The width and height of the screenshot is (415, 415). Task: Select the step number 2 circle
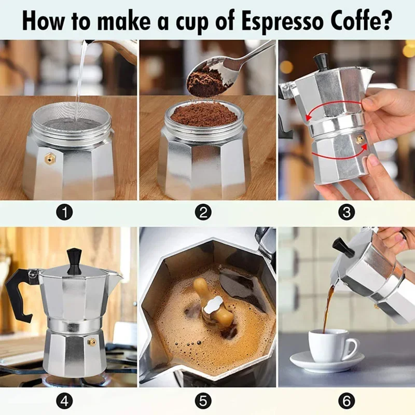tap(204, 212)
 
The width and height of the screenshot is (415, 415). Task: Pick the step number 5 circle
tap(204, 401)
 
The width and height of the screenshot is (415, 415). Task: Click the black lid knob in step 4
tap(74, 259)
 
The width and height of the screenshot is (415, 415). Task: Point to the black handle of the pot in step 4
tap(19, 290)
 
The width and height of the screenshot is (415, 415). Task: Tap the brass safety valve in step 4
tap(92, 341)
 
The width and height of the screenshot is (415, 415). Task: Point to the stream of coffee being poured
tap(328, 306)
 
